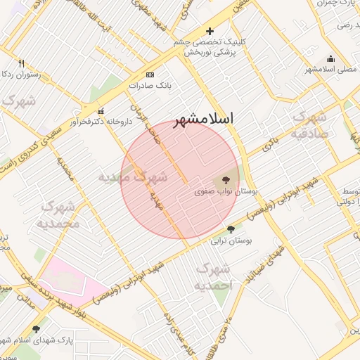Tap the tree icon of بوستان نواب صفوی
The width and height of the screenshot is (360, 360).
pyautogui.click(x=225, y=181)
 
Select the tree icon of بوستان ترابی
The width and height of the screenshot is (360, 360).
pyautogui.click(x=231, y=229)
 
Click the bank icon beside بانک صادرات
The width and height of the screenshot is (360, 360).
pyautogui.click(x=150, y=75)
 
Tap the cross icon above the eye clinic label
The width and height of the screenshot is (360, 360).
pyautogui.click(x=210, y=32)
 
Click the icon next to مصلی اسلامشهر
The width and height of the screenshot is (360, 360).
pyautogui.click(x=331, y=59)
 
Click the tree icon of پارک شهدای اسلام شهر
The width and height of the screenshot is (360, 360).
pyautogui.click(x=36, y=328)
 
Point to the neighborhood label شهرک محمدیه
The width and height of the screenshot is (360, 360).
pyautogui.click(x=59, y=215)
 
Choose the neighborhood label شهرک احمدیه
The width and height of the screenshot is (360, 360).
pyautogui.click(x=212, y=277)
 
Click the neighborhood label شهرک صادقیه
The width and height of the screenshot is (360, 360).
pyautogui.click(x=309, y=124)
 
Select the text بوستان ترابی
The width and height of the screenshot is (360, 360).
pyautogui.click(x=230, y=240)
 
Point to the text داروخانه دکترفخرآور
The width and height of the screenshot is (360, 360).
pyautogui.click(x=101, y=122)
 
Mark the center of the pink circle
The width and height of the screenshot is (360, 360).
pyautogui.click(x=181, y=179)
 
